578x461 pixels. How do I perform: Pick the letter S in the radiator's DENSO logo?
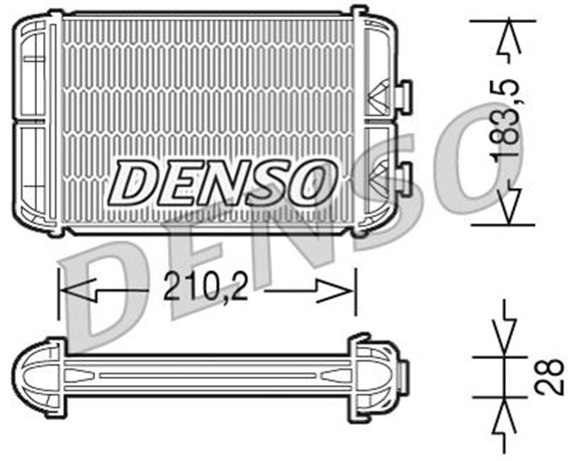tap(268, 182)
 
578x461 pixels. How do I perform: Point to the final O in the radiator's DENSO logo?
tap(311, 182)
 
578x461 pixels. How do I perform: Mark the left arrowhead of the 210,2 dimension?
tap(78, 290)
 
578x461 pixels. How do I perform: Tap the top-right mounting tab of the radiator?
tap(359, 13)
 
